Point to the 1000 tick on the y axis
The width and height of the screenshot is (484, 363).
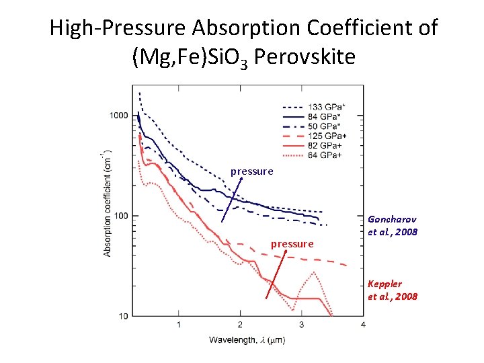point(118,116)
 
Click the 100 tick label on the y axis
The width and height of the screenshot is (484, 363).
point(120,216)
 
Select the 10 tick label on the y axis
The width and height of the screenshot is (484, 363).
point(122,316)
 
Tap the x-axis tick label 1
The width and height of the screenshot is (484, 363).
point(179,325)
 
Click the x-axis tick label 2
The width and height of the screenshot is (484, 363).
point(240,325)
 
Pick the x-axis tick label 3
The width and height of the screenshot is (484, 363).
point(302,325)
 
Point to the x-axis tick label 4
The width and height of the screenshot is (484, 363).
point(363,325)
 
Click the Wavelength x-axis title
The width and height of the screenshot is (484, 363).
point(247,340)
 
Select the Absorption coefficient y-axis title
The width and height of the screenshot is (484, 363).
point(108,204)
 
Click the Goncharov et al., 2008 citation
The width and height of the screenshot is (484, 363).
point(393,226)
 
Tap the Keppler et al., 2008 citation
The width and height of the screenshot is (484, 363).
point(393,290)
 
